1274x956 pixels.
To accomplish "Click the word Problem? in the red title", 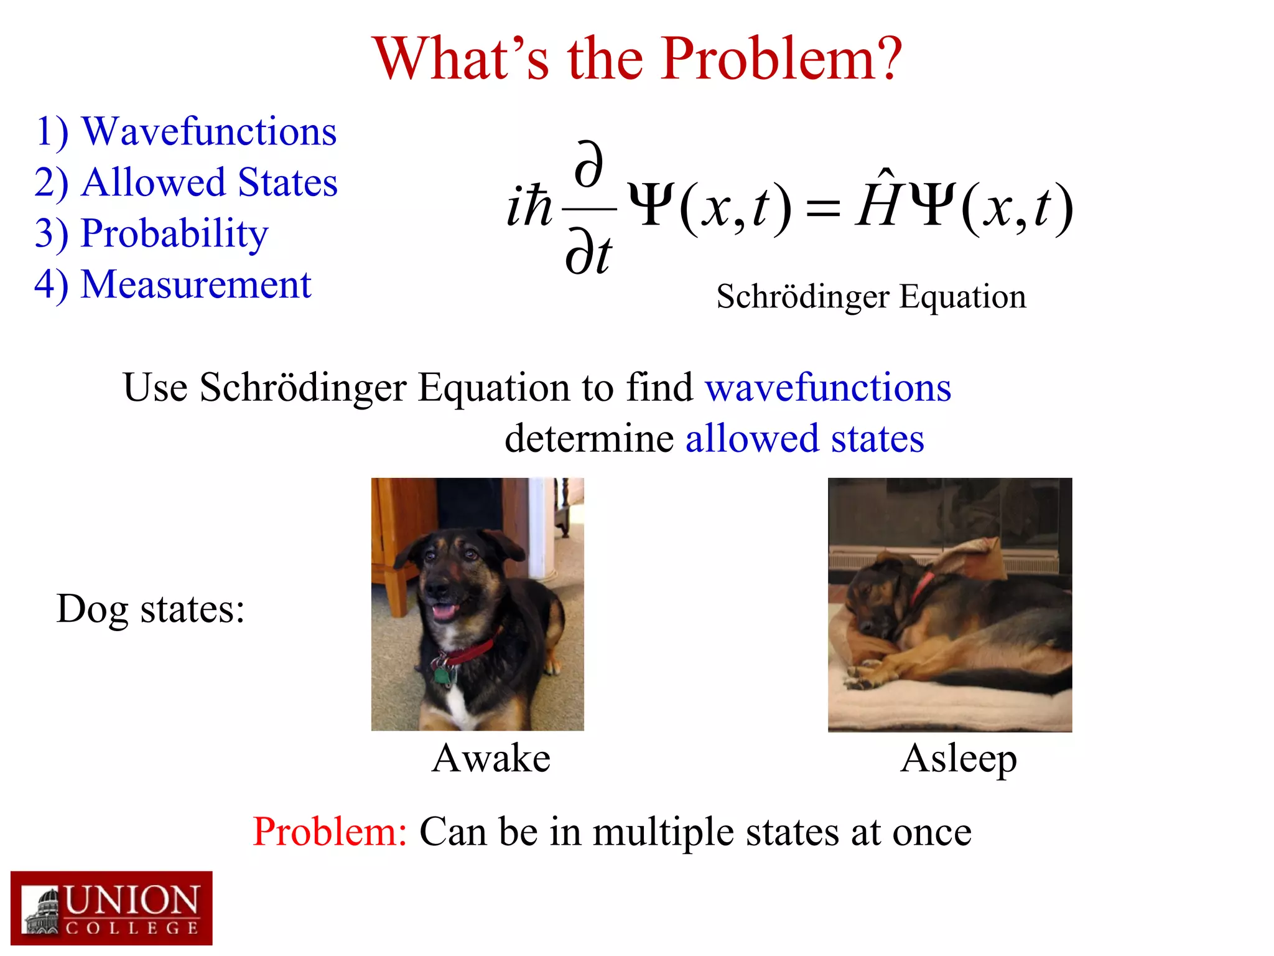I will tap(780, 59).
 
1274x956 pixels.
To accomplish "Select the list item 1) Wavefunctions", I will tap(185, 132).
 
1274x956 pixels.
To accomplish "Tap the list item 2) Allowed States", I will tap(185, 183).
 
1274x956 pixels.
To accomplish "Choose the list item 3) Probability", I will tap(151, 234).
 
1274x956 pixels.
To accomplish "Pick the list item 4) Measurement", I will tap(172, 285).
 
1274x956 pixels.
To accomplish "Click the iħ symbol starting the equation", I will tap(529, 207).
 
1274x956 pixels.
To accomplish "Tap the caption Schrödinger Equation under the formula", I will tap(871, 297).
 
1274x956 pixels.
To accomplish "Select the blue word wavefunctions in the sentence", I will tap(827, 388).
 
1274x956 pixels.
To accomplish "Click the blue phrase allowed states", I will tap(804, 439).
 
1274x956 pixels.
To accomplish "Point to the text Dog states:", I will tap(150, 609).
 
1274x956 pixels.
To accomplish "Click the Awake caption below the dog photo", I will tap(491, 759).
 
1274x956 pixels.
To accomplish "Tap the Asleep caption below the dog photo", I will tap(959, 759).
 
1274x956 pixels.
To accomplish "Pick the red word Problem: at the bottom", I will tap(330, 832).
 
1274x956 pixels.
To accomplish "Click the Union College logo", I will tap(111, 908).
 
